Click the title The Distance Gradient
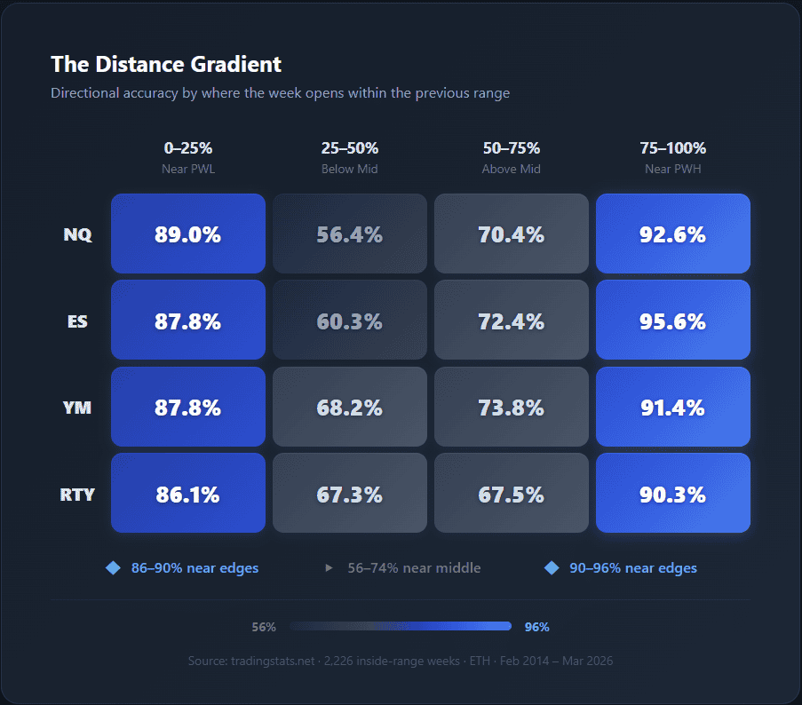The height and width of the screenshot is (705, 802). tap(166, 64)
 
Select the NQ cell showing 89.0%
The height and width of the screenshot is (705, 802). tap(188, 234)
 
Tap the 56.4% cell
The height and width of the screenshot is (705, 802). tap(350, 234)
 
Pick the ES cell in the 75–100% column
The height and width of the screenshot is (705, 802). tap(673, 321)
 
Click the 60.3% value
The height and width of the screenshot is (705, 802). tap(350, 321)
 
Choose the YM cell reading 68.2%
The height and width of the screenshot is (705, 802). tap(350, 408)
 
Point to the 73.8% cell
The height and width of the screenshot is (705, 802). tap(512, 408)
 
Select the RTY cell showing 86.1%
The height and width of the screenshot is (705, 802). tap(188, 494)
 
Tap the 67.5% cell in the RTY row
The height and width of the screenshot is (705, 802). tap(512, 494)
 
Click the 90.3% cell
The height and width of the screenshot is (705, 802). tap(673, 494)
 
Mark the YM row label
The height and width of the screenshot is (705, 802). tap(77, 408)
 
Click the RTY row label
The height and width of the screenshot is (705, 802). tap(77, 495)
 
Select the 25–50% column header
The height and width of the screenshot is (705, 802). tap(350, 148)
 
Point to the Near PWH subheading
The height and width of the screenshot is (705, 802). tap(673, 169)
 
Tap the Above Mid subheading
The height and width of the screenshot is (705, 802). tap(512, 169)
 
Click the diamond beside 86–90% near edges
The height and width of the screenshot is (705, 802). tap(113, 568)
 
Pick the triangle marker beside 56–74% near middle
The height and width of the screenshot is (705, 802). tap(330, 568)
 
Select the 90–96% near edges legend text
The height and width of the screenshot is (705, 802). tap(633, 568)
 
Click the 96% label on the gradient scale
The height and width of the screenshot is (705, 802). tap(537, 627)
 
